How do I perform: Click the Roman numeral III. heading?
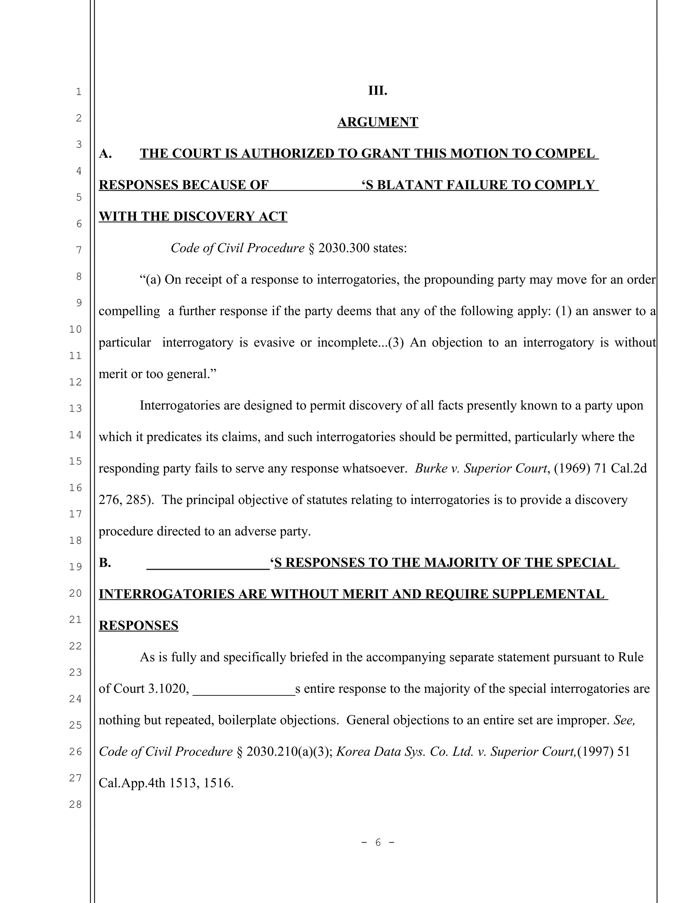click(378, 91)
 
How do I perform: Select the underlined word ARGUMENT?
click(378, 122)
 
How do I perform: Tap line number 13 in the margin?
click(75, 409)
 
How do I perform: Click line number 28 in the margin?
click(75, 804)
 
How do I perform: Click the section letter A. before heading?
click(105, 153)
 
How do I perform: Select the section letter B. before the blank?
click(105, 563)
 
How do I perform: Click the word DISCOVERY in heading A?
click(214, 217)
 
